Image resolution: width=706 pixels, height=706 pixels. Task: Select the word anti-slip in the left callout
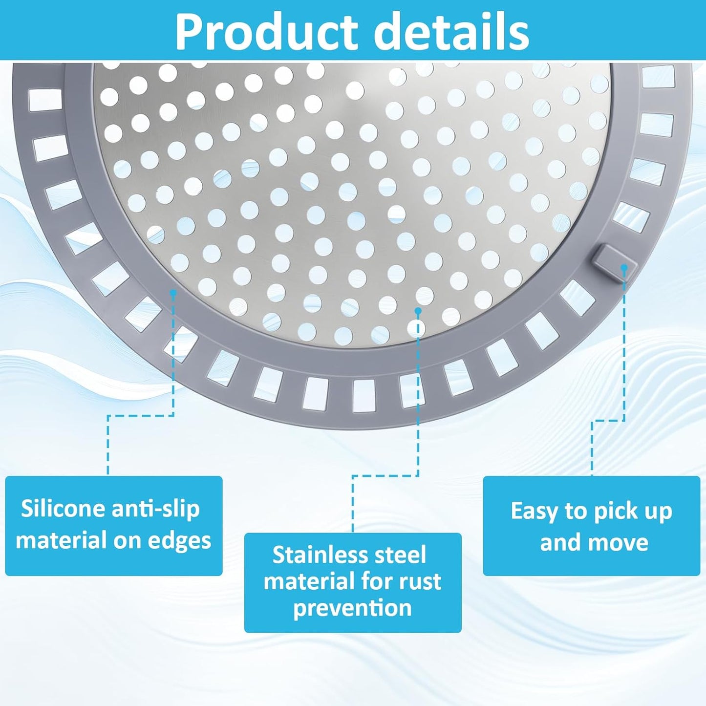[155, 509]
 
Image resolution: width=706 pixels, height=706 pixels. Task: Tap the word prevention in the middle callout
[352, 608]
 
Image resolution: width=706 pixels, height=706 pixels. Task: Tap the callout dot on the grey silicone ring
[173, 292]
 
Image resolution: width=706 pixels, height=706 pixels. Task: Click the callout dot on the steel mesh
[418, 311]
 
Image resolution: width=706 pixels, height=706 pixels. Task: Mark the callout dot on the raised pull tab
[624, 268]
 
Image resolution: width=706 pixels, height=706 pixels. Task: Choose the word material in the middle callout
[307, 581]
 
